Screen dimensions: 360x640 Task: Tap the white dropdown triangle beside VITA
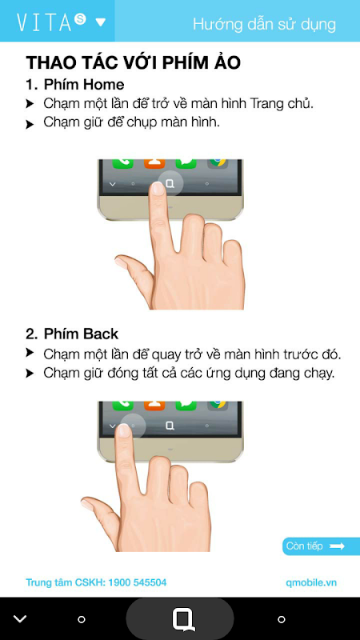(101, 22)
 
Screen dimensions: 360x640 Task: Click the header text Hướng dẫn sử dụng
(264, 25)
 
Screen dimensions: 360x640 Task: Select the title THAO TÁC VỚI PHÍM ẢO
(133, 63)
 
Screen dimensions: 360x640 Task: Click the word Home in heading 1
(104, 85)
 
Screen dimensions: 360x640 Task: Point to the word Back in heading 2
(100, 334)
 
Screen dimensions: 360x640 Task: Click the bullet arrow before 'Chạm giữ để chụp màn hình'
(30, 125)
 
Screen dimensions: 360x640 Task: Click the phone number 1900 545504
(137, 582)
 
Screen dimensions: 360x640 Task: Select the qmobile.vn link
(311, 582)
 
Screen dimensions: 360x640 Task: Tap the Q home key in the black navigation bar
(183, 619)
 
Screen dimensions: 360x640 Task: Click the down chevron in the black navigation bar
(19, 618)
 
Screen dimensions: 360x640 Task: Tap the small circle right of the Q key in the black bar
(282, 619)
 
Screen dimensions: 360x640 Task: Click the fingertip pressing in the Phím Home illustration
(158, 189)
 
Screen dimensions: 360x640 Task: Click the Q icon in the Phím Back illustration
(170, 426)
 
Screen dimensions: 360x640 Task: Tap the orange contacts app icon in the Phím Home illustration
(154, 164)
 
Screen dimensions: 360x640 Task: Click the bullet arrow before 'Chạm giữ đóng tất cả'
(30, 373)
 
